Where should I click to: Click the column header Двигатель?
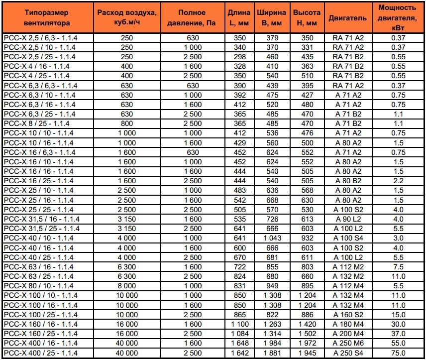click(347, 18)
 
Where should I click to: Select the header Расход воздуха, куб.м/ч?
click(126, 18)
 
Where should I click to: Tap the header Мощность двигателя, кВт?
click(397, 18)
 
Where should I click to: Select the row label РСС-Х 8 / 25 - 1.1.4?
click(37, 123)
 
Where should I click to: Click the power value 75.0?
click(397, 353)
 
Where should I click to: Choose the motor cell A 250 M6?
click(347, 344)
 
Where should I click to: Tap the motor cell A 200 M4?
click(347, 334)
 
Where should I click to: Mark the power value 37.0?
click(397, 334)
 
